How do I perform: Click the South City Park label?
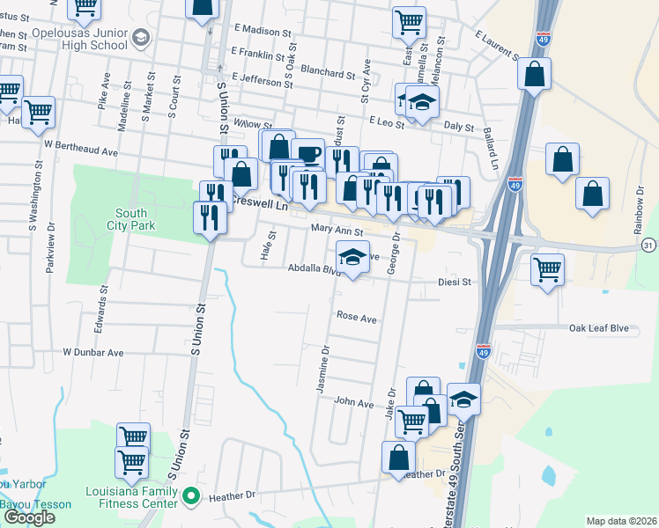tap(131, 218)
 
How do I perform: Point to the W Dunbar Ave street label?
tap(93, 352)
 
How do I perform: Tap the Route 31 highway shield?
tap(649, 244)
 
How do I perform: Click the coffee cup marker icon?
tap(307, 155)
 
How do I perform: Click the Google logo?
tap(28, 517)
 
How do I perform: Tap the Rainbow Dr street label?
tap(640, 214)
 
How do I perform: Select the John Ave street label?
tap(354, 402)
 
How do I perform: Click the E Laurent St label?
tap(496, 46)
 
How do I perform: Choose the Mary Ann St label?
tap(337, 231)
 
